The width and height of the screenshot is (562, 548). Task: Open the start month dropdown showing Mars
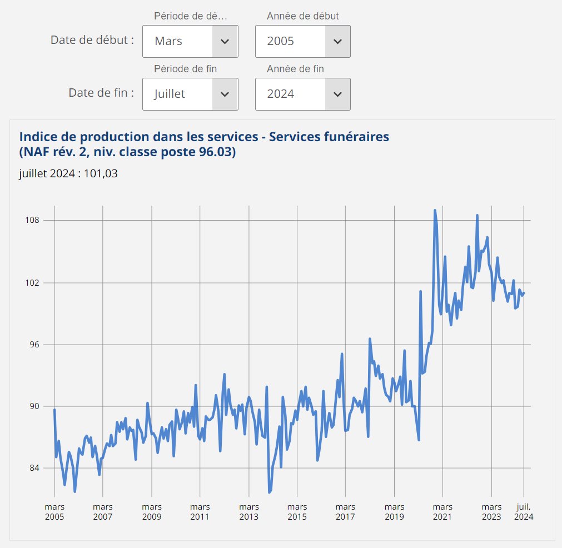click(x=190, y=41)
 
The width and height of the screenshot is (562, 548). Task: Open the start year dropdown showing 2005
click(x=303, y=41)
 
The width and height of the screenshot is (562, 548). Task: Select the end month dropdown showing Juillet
click(x=190, y=94)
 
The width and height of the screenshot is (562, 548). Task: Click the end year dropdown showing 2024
click(x=303, y=94)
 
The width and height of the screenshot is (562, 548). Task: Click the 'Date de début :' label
click(x=92, y=40)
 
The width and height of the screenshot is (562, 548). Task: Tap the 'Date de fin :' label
click(x=101, y=93)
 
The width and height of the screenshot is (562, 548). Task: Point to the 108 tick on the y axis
click(x=32, y=220)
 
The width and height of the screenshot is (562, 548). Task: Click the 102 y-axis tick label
click(x=32, y=283)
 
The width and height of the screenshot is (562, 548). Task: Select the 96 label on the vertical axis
click(x=34, y=345)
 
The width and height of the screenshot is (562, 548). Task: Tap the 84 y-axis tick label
click(x=34, y=468)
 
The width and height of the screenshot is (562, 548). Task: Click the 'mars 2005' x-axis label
click(x=54, y=512)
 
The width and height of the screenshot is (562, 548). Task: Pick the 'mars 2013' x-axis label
click(x=248, y=512)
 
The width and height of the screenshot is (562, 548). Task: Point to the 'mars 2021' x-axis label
click(x=442, y=512)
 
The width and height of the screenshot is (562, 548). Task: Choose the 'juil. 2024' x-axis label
click(x=524, y=512)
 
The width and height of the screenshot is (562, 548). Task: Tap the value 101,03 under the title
click(x=101, y=173)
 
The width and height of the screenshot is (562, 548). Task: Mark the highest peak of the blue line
click(x=435, y=211)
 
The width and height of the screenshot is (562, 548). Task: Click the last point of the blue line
click(x=524, y=293)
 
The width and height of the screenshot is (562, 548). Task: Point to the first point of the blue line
click(x=54, y=409)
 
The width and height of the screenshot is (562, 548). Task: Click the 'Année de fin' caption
click(x=295, y=69)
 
